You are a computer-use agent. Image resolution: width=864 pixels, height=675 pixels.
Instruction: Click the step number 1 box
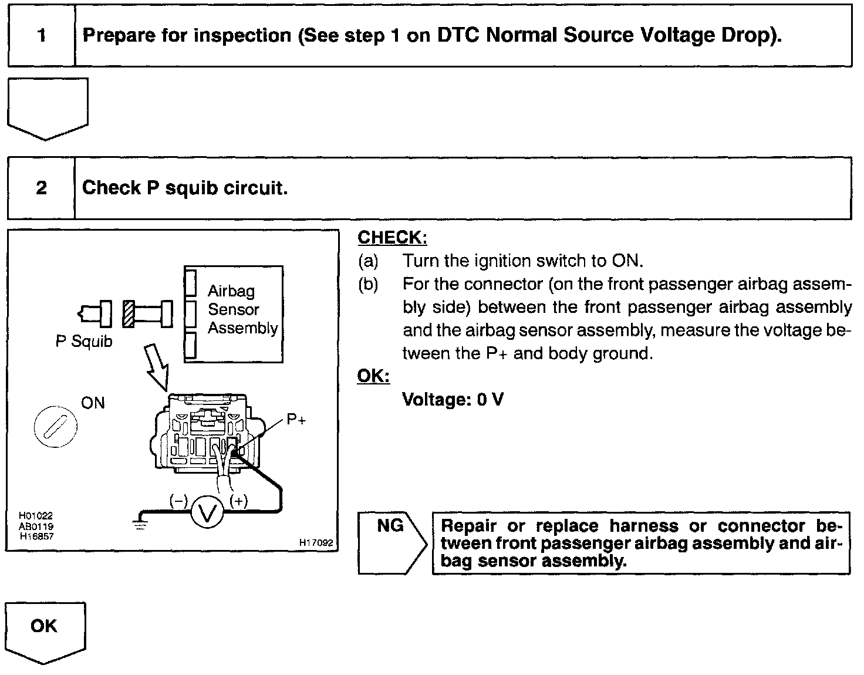(41, 35)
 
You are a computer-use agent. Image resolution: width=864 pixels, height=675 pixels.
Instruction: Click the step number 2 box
(41, 188)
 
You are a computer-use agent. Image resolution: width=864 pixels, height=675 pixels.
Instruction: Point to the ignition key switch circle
(56, 425)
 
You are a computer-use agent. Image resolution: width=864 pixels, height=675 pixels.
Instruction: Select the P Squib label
(83, 342)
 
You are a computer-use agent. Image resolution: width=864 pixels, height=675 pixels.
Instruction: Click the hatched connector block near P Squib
(129, 314)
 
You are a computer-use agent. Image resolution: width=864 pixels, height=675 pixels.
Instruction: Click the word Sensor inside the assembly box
(233, 309)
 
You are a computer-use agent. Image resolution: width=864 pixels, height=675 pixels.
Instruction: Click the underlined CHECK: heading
(392, 238)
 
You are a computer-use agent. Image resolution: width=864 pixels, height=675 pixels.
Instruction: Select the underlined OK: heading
(373, 376)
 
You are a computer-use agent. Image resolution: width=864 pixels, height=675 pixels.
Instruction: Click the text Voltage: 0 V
(453, 400)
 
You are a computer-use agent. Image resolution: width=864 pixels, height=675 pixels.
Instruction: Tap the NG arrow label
(392, 526)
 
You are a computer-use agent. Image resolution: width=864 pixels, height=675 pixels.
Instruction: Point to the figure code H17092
(316, 543)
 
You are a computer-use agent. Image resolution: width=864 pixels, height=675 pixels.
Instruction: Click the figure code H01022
(36, 516)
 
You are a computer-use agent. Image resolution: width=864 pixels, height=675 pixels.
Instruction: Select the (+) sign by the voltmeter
(238, 501)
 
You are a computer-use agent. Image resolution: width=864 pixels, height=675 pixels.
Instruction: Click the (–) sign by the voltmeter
(178, 501)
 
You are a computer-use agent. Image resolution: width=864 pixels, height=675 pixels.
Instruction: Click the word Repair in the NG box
(469, 526)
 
